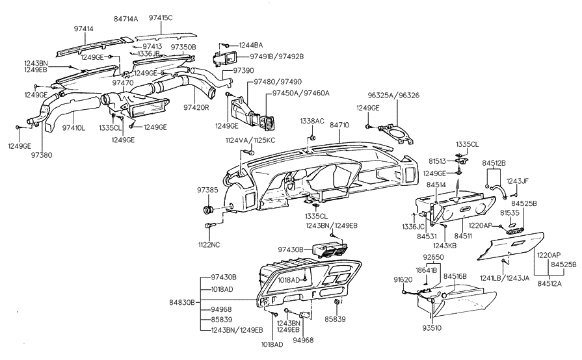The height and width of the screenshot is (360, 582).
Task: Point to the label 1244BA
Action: click(x=250, y=45)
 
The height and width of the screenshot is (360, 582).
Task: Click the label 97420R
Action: click(x=196, y=107)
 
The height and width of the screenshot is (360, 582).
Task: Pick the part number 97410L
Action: click(x=73, y=128)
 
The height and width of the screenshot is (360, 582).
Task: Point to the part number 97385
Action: click(x=208, y=190)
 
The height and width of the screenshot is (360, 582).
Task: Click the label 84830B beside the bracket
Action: click(x=183, y=302)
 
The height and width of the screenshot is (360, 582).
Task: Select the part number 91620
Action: click(x=403, y=279)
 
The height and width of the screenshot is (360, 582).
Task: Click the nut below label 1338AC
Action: click(x=313, y=138)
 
